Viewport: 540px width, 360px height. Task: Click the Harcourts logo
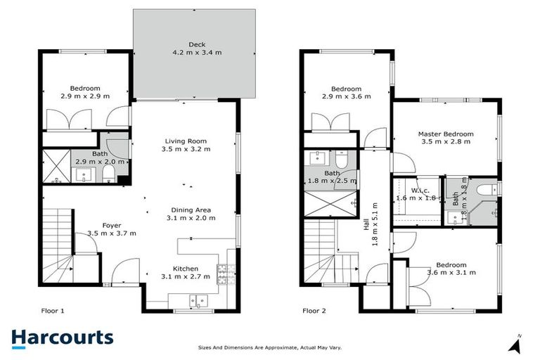coord(62,337)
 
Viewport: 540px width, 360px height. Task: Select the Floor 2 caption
coord(316,309)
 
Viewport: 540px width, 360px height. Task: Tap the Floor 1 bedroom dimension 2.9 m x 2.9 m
coord(85,96)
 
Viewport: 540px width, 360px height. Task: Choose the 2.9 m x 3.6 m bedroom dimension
coord(346,97)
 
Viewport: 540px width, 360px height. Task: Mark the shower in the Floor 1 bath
coord(56,167)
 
